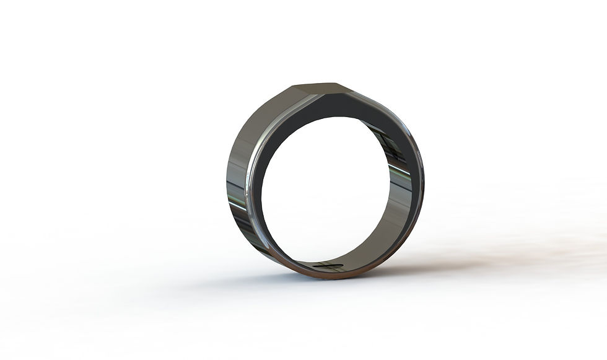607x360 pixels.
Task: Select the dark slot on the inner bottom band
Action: click(x=328, y=266)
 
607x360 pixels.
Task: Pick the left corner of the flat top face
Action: click(x=293, y=86)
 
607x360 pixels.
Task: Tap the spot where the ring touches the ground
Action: click(x=322, y=278)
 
